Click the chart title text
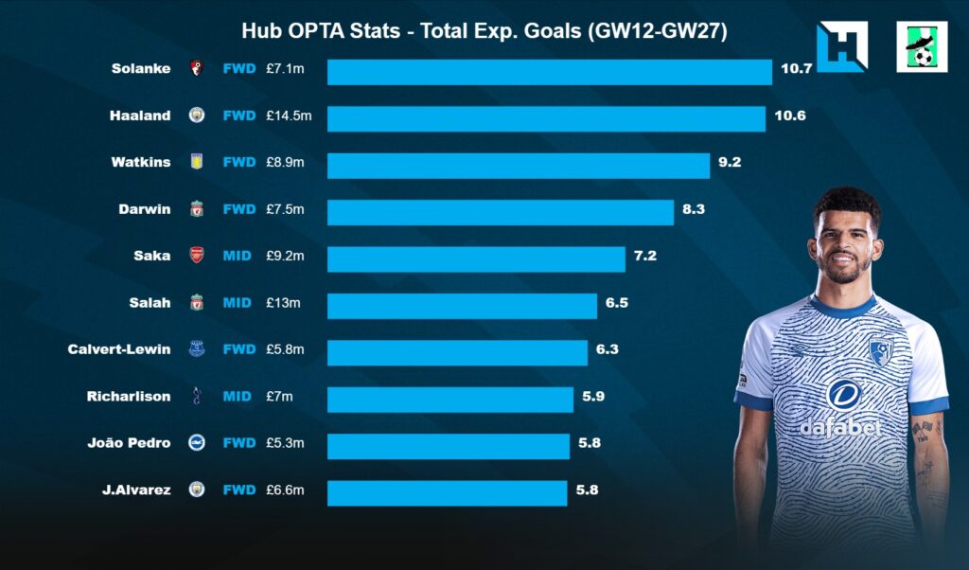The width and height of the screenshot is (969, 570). click(x=484, y=31)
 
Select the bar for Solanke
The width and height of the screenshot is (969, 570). click(x=550, y=72)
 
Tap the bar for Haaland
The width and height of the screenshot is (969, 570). click(x=546, y=118)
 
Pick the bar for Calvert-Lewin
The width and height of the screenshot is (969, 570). click(x=457, y=352)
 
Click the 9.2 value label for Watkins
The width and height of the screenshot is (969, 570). click(x=730, y=162)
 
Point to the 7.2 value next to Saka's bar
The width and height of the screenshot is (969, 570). click(x=645, y=256)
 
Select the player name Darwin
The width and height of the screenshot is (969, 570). click(x=146, y=208)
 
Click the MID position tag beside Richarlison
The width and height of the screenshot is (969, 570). click(x=237, y=396)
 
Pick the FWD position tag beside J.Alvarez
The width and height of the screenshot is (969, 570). click(x=238, y=490)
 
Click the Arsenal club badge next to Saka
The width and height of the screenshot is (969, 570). click(x=197, y=256)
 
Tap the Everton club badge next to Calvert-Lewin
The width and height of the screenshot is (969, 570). click(x=197, y=349)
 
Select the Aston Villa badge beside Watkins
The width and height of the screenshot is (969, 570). click(x=197, y=162)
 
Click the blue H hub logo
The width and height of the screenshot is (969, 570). click(x=841, y=47)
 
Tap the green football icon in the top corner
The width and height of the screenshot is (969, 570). click(x=921, y=47)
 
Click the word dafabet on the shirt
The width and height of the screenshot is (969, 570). click(x=840, y=427)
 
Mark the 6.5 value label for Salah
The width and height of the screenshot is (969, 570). click(x=617, y=303)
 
